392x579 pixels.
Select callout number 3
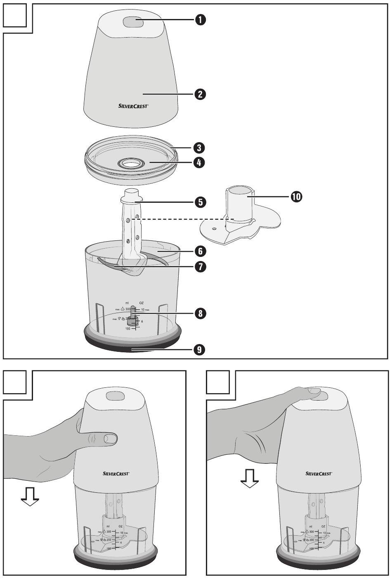pyautogui.click(x=200, y=147)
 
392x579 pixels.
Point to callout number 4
pyautogui.click(x=200, y=163)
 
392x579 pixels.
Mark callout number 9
pyautogui.click(x=200, y=350)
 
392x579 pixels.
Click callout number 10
pyautogui.click(x=296, y=197)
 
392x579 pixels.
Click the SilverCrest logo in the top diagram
pyautogui.click(x=131, y=106)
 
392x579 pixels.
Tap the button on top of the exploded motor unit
pyautogui.click(x=133, y=23)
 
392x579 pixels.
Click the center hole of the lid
pyautogui.click(x=131, y=164)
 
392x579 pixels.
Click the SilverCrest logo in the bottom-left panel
pyautogui.click(x=116, y=474)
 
